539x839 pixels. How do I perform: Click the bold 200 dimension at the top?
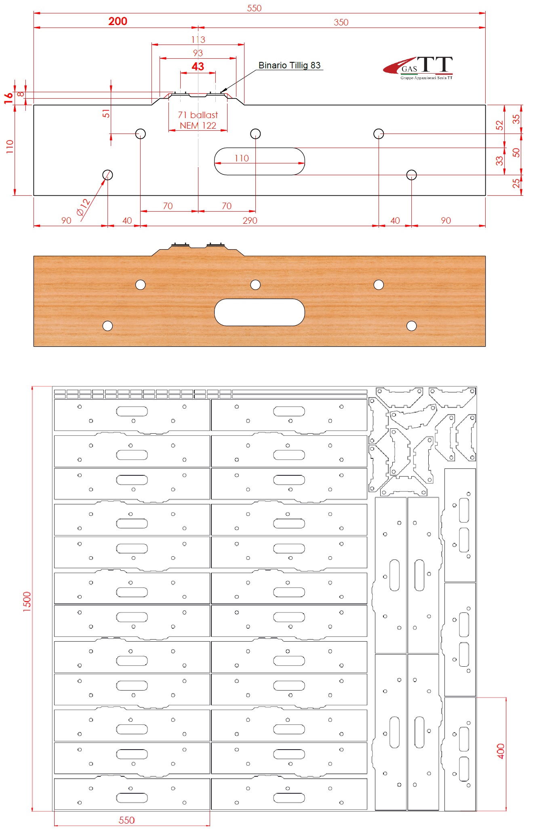[x=118, y=21]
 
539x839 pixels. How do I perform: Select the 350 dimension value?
[x=341, y=22]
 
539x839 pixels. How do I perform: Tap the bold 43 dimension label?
[x=198, y=66]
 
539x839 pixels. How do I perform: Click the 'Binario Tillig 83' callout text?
[x=289, y=65]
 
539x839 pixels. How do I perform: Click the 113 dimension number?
[x=198, y=40]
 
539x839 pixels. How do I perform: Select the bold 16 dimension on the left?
[x=8, y=98]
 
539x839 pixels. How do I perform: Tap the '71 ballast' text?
[x=198, y=115]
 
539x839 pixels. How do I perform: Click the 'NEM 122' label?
[x=198, y=125]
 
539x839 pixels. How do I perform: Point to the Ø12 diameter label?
[x=84, y=207]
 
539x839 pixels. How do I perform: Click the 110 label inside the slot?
[x=242, y=158]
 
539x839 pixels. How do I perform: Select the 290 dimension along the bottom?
[x=250, y=220]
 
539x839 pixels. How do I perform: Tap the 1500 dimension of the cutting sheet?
[x=27, y=602]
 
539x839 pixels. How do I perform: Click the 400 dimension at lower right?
[x=501, y=751]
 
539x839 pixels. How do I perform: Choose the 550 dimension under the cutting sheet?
[x=126, y=820]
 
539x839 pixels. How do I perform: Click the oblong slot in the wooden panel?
[x=259, y=312]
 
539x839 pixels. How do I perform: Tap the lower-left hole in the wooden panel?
[x=107, y=326]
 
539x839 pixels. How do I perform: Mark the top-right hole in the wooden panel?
[x=379, y=285]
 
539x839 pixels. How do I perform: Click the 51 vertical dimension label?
[x=106, y=113]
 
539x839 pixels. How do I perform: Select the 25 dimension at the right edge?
[x=516, y=183]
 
